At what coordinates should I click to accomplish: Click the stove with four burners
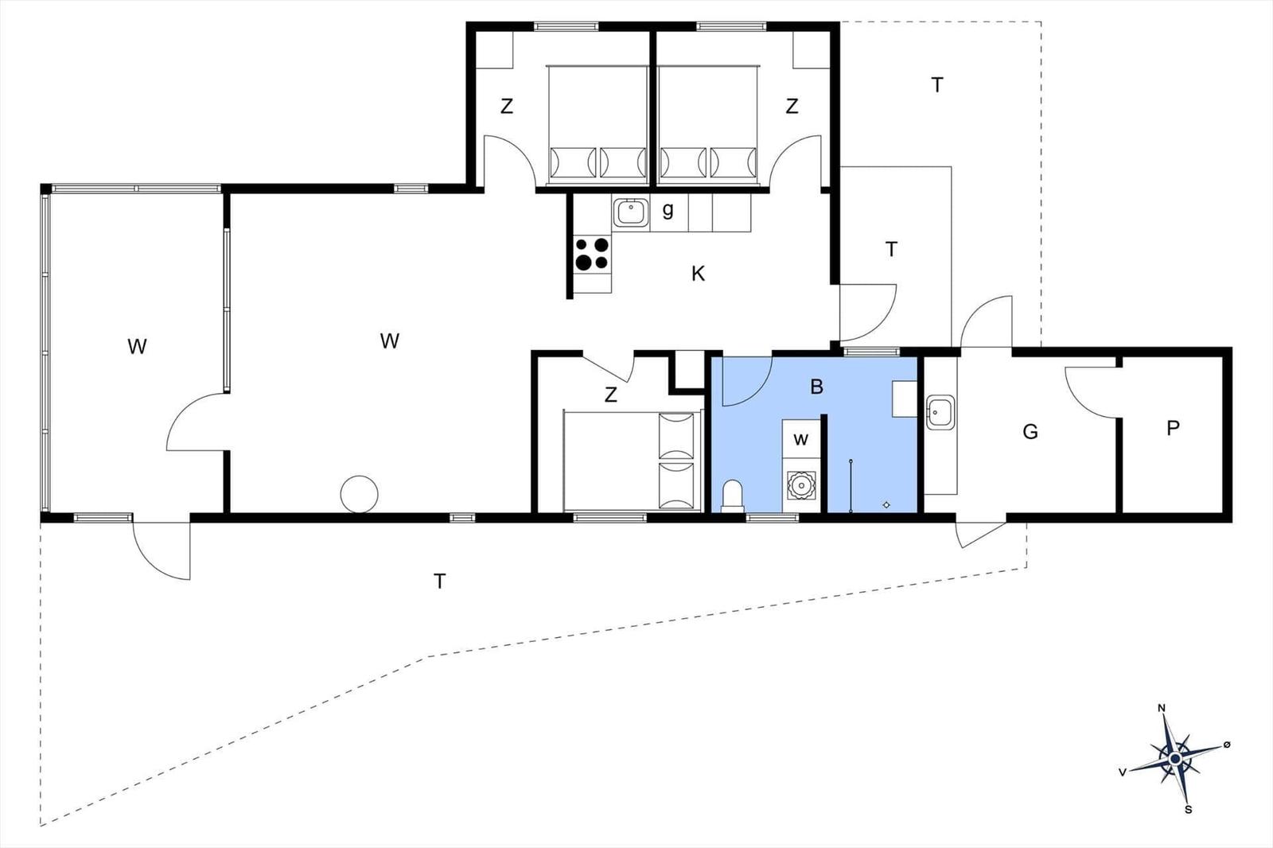point(592,254)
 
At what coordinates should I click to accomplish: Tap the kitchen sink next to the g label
point(631,212)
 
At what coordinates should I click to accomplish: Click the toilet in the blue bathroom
point(732,495)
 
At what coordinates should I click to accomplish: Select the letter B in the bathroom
point(816,387)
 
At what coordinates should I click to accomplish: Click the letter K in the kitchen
point(698,274)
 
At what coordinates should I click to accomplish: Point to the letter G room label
point(1030,432)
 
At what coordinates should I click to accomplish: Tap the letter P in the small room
point(1172,429)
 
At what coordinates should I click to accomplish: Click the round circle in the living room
point(359,494)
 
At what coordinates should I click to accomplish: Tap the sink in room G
point(940,412)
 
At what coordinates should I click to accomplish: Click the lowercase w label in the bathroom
point(801,439)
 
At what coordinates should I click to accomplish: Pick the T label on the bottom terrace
point(439,582)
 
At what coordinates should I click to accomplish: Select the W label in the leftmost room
point(137,347)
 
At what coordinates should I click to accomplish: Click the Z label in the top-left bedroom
point(507,107)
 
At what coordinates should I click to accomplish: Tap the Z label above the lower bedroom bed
point(611,395)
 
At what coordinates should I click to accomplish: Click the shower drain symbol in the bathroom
point(887,504)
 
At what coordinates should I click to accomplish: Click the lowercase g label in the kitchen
point(668,210)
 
